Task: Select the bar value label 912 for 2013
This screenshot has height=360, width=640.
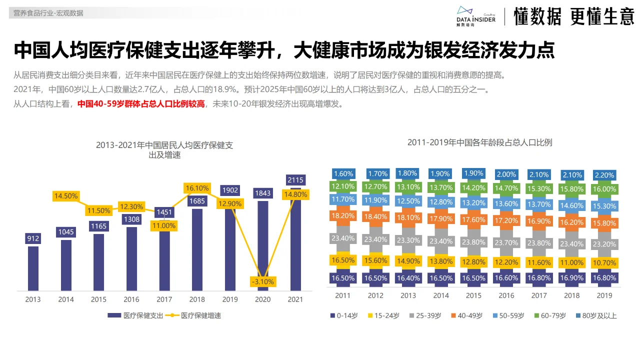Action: tap(33, 238)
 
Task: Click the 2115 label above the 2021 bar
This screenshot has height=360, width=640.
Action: tap(295, 180)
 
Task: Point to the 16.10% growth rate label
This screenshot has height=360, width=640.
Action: tap(197, 188)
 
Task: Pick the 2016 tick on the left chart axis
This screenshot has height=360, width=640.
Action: tap(131, 299)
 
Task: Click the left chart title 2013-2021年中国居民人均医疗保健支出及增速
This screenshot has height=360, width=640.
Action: tap(164, 150)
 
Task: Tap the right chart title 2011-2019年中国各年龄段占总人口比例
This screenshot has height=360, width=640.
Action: tap(479, 142)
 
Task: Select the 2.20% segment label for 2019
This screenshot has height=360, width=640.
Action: tap(604, 175)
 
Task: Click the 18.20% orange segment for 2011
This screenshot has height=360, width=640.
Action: tap(343, 216)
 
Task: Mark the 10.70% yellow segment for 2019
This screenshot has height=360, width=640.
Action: tap(604, 262)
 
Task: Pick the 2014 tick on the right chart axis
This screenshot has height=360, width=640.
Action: tap(440, 295)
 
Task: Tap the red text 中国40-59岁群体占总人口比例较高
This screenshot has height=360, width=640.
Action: tap(141, 104)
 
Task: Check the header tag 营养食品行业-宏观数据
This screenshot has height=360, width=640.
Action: tap(48, 13)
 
